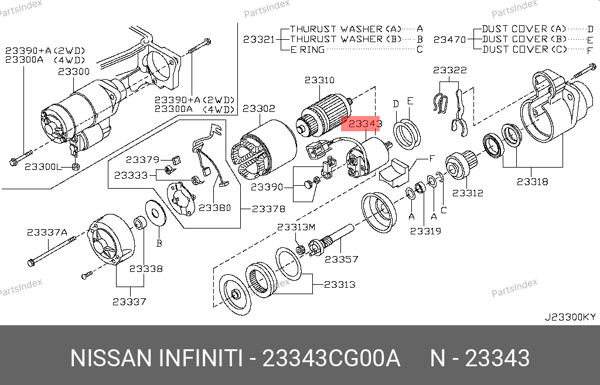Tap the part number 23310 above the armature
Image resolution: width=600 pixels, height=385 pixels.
(x=319, y=80)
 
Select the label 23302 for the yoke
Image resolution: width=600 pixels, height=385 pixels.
(x=258, y=108)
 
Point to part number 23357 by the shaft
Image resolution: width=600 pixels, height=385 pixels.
(x=342, y=259)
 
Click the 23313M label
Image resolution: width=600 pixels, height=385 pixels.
(x=296, y=227)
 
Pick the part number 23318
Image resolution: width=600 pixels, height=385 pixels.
(x=532, y=182)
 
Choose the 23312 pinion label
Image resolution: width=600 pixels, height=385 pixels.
(x=468, y=193)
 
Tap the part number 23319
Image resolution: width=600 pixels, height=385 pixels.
(x=425, y=231)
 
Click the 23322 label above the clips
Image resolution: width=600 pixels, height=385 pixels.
(x=450, y=70)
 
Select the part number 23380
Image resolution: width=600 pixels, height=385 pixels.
(x=214, y=208)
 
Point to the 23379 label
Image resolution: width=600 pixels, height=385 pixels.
(x=142, y=159)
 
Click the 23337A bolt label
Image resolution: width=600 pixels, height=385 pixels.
(x=47, y=232)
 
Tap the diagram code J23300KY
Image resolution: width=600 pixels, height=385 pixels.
(x=570, y=317)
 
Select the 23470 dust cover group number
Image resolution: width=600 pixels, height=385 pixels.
(x=449, y=39)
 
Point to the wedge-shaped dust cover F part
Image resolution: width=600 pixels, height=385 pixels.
(x=394, y=173)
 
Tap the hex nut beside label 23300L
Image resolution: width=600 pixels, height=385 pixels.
(x=76, y=166)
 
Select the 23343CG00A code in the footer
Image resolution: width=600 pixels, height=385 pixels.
(x=331, y=358)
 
